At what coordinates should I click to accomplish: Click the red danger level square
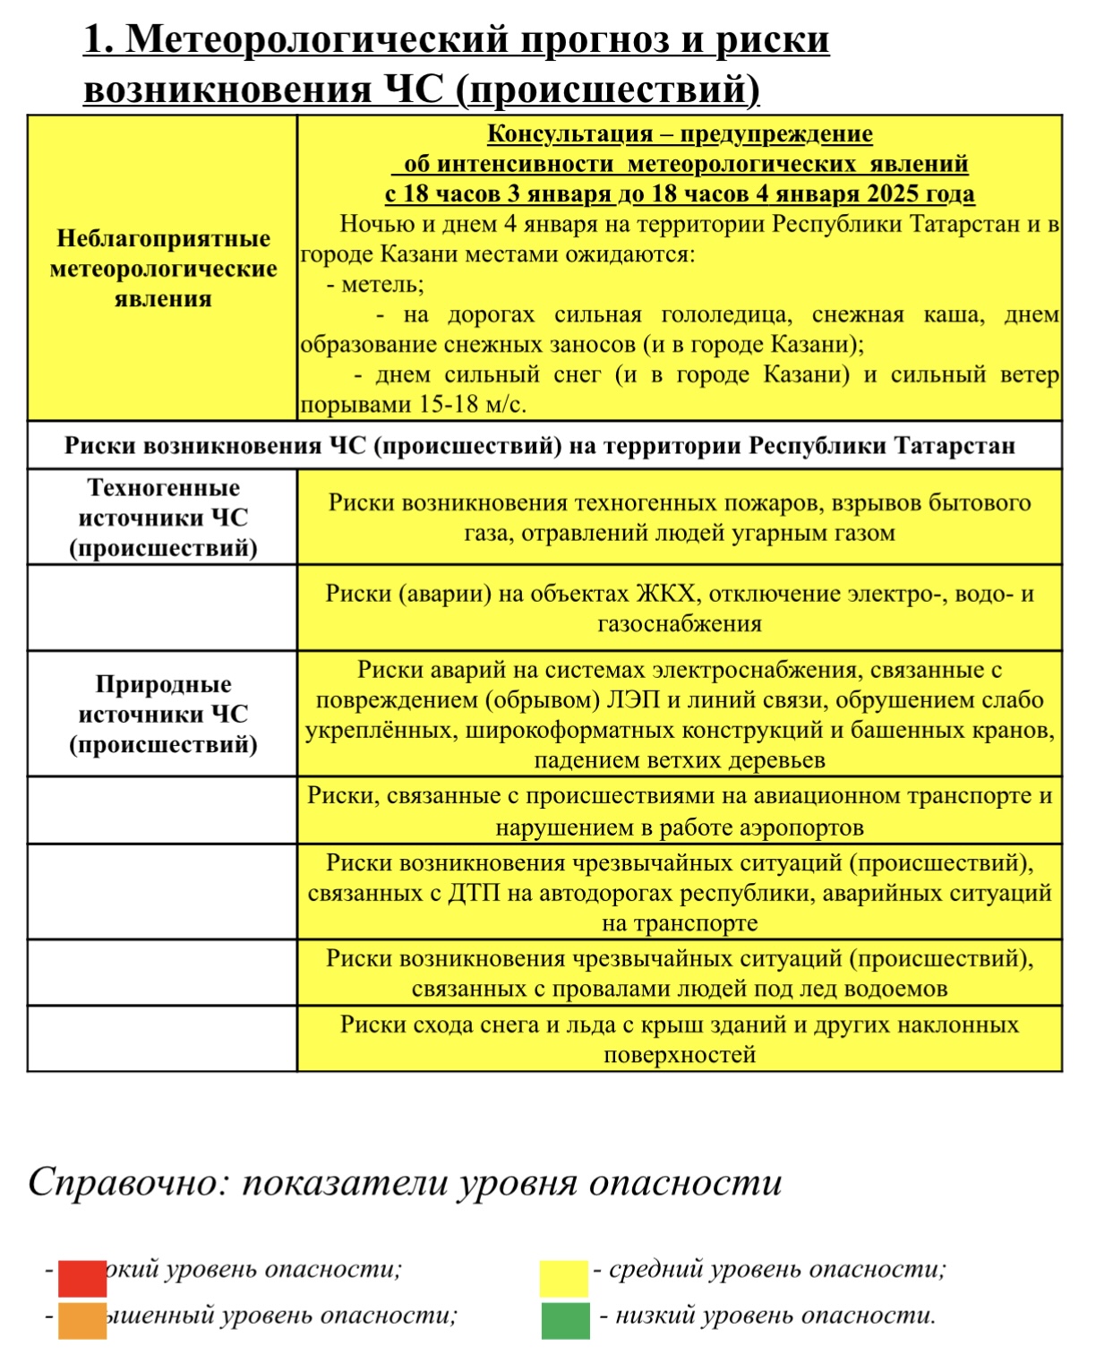point(82,1278)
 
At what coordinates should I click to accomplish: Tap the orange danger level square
point(82,1320)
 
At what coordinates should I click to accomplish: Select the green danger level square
point(565,1320)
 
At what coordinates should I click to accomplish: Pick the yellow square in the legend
point(563,1278)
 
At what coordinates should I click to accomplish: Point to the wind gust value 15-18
point(449,405)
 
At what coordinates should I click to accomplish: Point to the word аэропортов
point(795,827)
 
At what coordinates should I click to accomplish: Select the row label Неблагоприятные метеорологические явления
point(163,269)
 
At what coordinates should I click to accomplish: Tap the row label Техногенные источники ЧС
point(163,518)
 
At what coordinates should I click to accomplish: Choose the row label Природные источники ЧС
point(163,714)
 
